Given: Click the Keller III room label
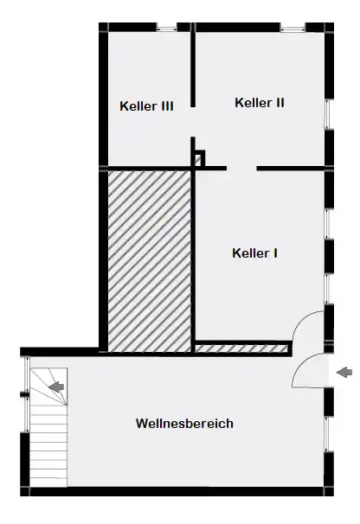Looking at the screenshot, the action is click(146, 106).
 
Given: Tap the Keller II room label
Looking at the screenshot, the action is click(260, 103).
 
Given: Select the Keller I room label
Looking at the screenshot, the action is click(254, 253).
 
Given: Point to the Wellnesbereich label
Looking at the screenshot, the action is click(184, 424).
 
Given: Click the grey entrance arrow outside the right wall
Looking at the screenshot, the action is click(344, 372).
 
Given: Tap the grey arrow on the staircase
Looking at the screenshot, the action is click(56, 387).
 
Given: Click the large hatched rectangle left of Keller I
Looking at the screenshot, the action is click(150, 261).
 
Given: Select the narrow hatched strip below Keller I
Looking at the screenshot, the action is click(241, 348).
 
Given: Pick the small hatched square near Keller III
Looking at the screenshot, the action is click(198, 160).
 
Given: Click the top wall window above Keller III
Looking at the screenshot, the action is click(167, 28).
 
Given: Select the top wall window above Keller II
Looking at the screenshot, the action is click(292, 28).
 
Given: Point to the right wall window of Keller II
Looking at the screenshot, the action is click(329, 114).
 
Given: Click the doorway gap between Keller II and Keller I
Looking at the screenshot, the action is click(241, 169).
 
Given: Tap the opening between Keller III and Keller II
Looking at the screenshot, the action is click(193, 122).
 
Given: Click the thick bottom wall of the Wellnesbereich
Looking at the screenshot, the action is click(177, 491).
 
